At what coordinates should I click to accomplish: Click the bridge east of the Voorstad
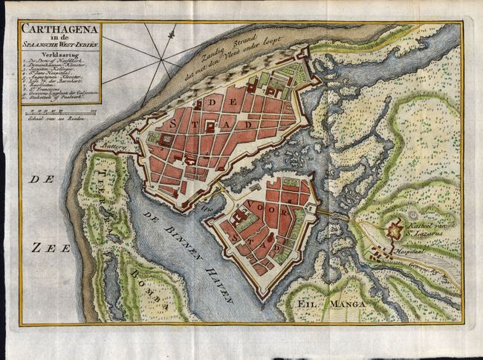click(x=332, y=215)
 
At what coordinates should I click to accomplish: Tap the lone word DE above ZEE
click(x=36, y=180)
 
